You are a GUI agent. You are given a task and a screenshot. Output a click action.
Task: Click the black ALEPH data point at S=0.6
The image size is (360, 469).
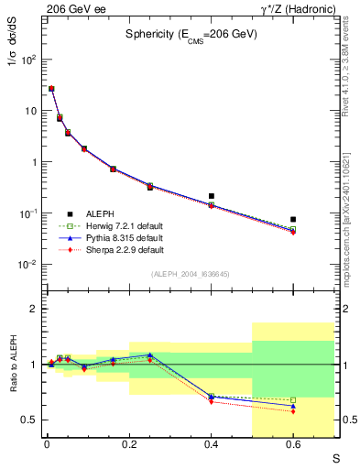click(x=293, y=220)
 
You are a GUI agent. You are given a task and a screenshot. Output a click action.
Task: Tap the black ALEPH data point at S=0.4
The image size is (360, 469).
click(x=211, y=196)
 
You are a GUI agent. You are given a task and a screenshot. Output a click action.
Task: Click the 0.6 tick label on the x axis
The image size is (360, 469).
click(x=293, y=446)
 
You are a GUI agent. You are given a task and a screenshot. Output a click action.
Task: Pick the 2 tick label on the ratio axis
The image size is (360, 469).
click(x=33, y=309)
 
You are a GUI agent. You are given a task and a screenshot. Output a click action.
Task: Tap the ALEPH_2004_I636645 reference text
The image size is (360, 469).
click(x=190, y=274)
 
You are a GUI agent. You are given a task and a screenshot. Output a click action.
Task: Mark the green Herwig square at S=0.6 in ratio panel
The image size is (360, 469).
click(x=293, y=399)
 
